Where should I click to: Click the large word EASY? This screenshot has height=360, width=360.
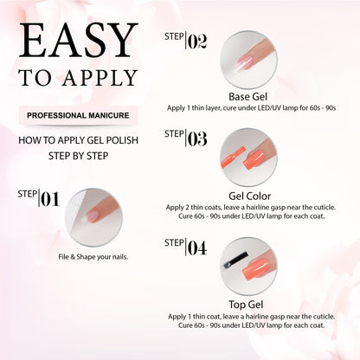pyautogui.click(x=79, y=42)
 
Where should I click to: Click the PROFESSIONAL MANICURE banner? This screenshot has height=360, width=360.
pyautogui.click(x=79, y=114)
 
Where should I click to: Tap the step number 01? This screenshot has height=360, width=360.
pyautogui.click(x=49, y=200)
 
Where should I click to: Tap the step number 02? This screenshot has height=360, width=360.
pyautogui.click(x=196, y=41)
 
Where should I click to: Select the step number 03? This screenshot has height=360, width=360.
pyautogui.click(x=196, y=138)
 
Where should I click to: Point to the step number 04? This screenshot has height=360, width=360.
pyautogui.click(x=196, y=249)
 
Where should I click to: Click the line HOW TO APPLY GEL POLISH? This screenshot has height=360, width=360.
pyautogui.click(x=79, y=143)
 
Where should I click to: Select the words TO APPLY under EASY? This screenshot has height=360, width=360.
pyautogui.click(x=78, y=79)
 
